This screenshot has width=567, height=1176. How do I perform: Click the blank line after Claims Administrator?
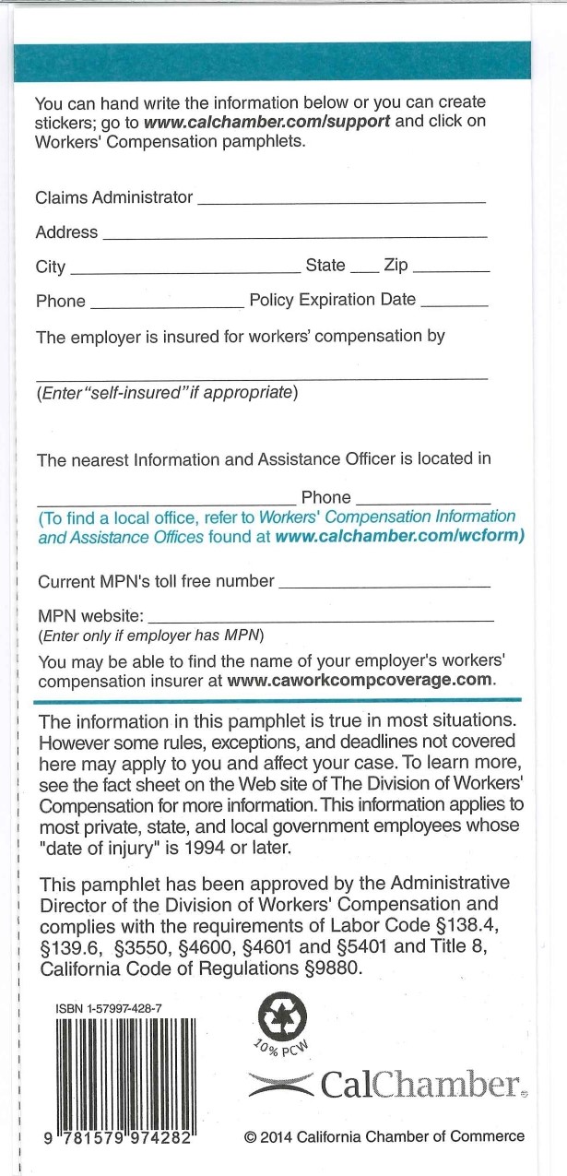[341, 200]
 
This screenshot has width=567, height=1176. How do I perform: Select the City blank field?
[183, 271]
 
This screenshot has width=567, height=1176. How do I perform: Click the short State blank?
[364, 271]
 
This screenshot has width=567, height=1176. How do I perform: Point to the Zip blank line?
[452, 271]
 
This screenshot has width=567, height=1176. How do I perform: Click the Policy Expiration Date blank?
[454, 304]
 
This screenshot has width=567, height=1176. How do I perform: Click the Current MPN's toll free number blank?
[384, 586]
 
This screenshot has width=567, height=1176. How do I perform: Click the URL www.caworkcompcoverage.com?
[360, 681]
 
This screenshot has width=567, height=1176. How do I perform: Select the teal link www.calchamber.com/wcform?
[400, 536]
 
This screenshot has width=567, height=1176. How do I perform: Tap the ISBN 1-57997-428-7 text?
[109, 1009]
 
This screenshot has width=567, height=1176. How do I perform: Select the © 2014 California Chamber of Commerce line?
[384, 1136]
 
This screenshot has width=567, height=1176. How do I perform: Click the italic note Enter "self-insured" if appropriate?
[167, 393]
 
